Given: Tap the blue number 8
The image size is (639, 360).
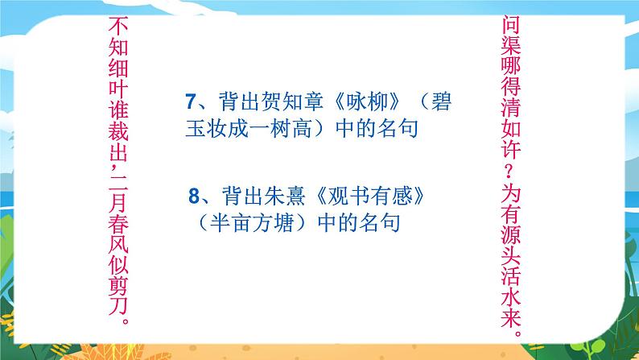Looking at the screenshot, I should [193, 196].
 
